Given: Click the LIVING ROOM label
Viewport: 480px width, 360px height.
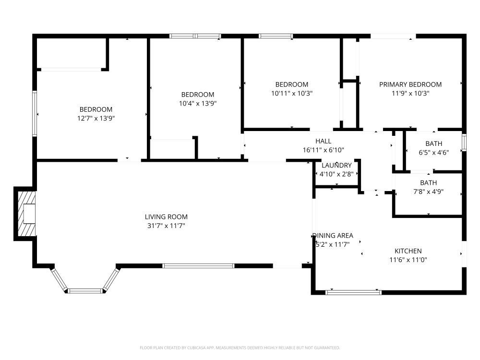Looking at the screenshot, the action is pos(166,217).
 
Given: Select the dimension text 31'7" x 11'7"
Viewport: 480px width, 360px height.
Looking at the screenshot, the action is pos(166,226).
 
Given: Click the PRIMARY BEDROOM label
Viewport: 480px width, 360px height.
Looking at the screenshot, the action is pos(410,84).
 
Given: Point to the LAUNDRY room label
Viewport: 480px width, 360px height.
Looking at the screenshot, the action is pos(336,165).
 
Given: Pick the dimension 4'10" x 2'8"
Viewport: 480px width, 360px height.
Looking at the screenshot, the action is pos(336,174).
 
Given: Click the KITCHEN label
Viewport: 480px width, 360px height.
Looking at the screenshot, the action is pos(408,251).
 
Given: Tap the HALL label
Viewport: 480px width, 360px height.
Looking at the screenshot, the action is pos(323,141).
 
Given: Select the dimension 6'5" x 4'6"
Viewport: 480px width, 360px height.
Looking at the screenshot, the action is pos(434,153).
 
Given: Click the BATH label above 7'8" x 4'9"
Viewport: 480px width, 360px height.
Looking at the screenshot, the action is pos(428,183).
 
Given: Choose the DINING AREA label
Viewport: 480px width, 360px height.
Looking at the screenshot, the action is pos(333,235).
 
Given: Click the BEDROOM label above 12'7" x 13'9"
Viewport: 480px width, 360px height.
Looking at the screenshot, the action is pos(96,109).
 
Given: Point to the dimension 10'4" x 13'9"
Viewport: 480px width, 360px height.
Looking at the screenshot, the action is pos(198,104).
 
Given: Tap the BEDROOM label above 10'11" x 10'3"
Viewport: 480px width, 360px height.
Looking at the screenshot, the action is pos(292,84).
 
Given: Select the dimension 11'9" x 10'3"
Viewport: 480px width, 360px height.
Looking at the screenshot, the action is pos(410,94).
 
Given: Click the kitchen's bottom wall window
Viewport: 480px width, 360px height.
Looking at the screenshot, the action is pos(353,292).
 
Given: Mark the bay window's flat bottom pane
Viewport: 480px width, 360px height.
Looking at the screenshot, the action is pos(85,291).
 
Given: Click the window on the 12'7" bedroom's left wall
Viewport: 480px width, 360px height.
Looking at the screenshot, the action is pos(35,114).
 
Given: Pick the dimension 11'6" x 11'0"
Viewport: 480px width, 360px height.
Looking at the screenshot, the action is pos(408,260).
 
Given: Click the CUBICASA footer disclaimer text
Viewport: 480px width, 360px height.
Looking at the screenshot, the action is pos(240,348).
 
